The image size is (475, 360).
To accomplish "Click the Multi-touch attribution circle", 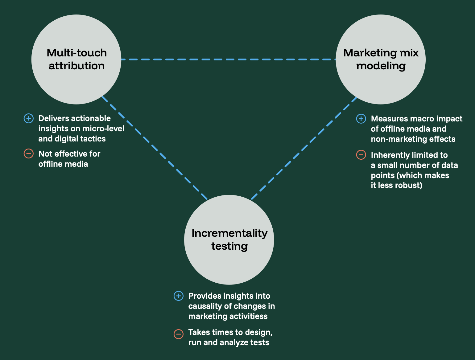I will (x=76, y=59).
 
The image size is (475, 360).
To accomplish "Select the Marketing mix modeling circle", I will (x=381, y=59).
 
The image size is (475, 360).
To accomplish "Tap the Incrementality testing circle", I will (x=229, y=240).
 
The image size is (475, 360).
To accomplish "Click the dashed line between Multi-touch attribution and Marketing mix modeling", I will (x=228, y=59).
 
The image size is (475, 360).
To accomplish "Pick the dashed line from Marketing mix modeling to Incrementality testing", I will (x=304, y=148).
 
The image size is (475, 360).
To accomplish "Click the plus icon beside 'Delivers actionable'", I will (x=29, y=118).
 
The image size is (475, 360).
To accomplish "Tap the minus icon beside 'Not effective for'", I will (x=29, y=153).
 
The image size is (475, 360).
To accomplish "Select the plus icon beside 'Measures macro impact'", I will (x=361, y=119).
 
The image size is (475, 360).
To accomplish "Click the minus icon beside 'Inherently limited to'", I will (x=361, y=155).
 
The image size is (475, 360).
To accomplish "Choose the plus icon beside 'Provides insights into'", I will (x=179, y=296).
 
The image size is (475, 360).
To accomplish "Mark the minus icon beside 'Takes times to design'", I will (x=179, y=334).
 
